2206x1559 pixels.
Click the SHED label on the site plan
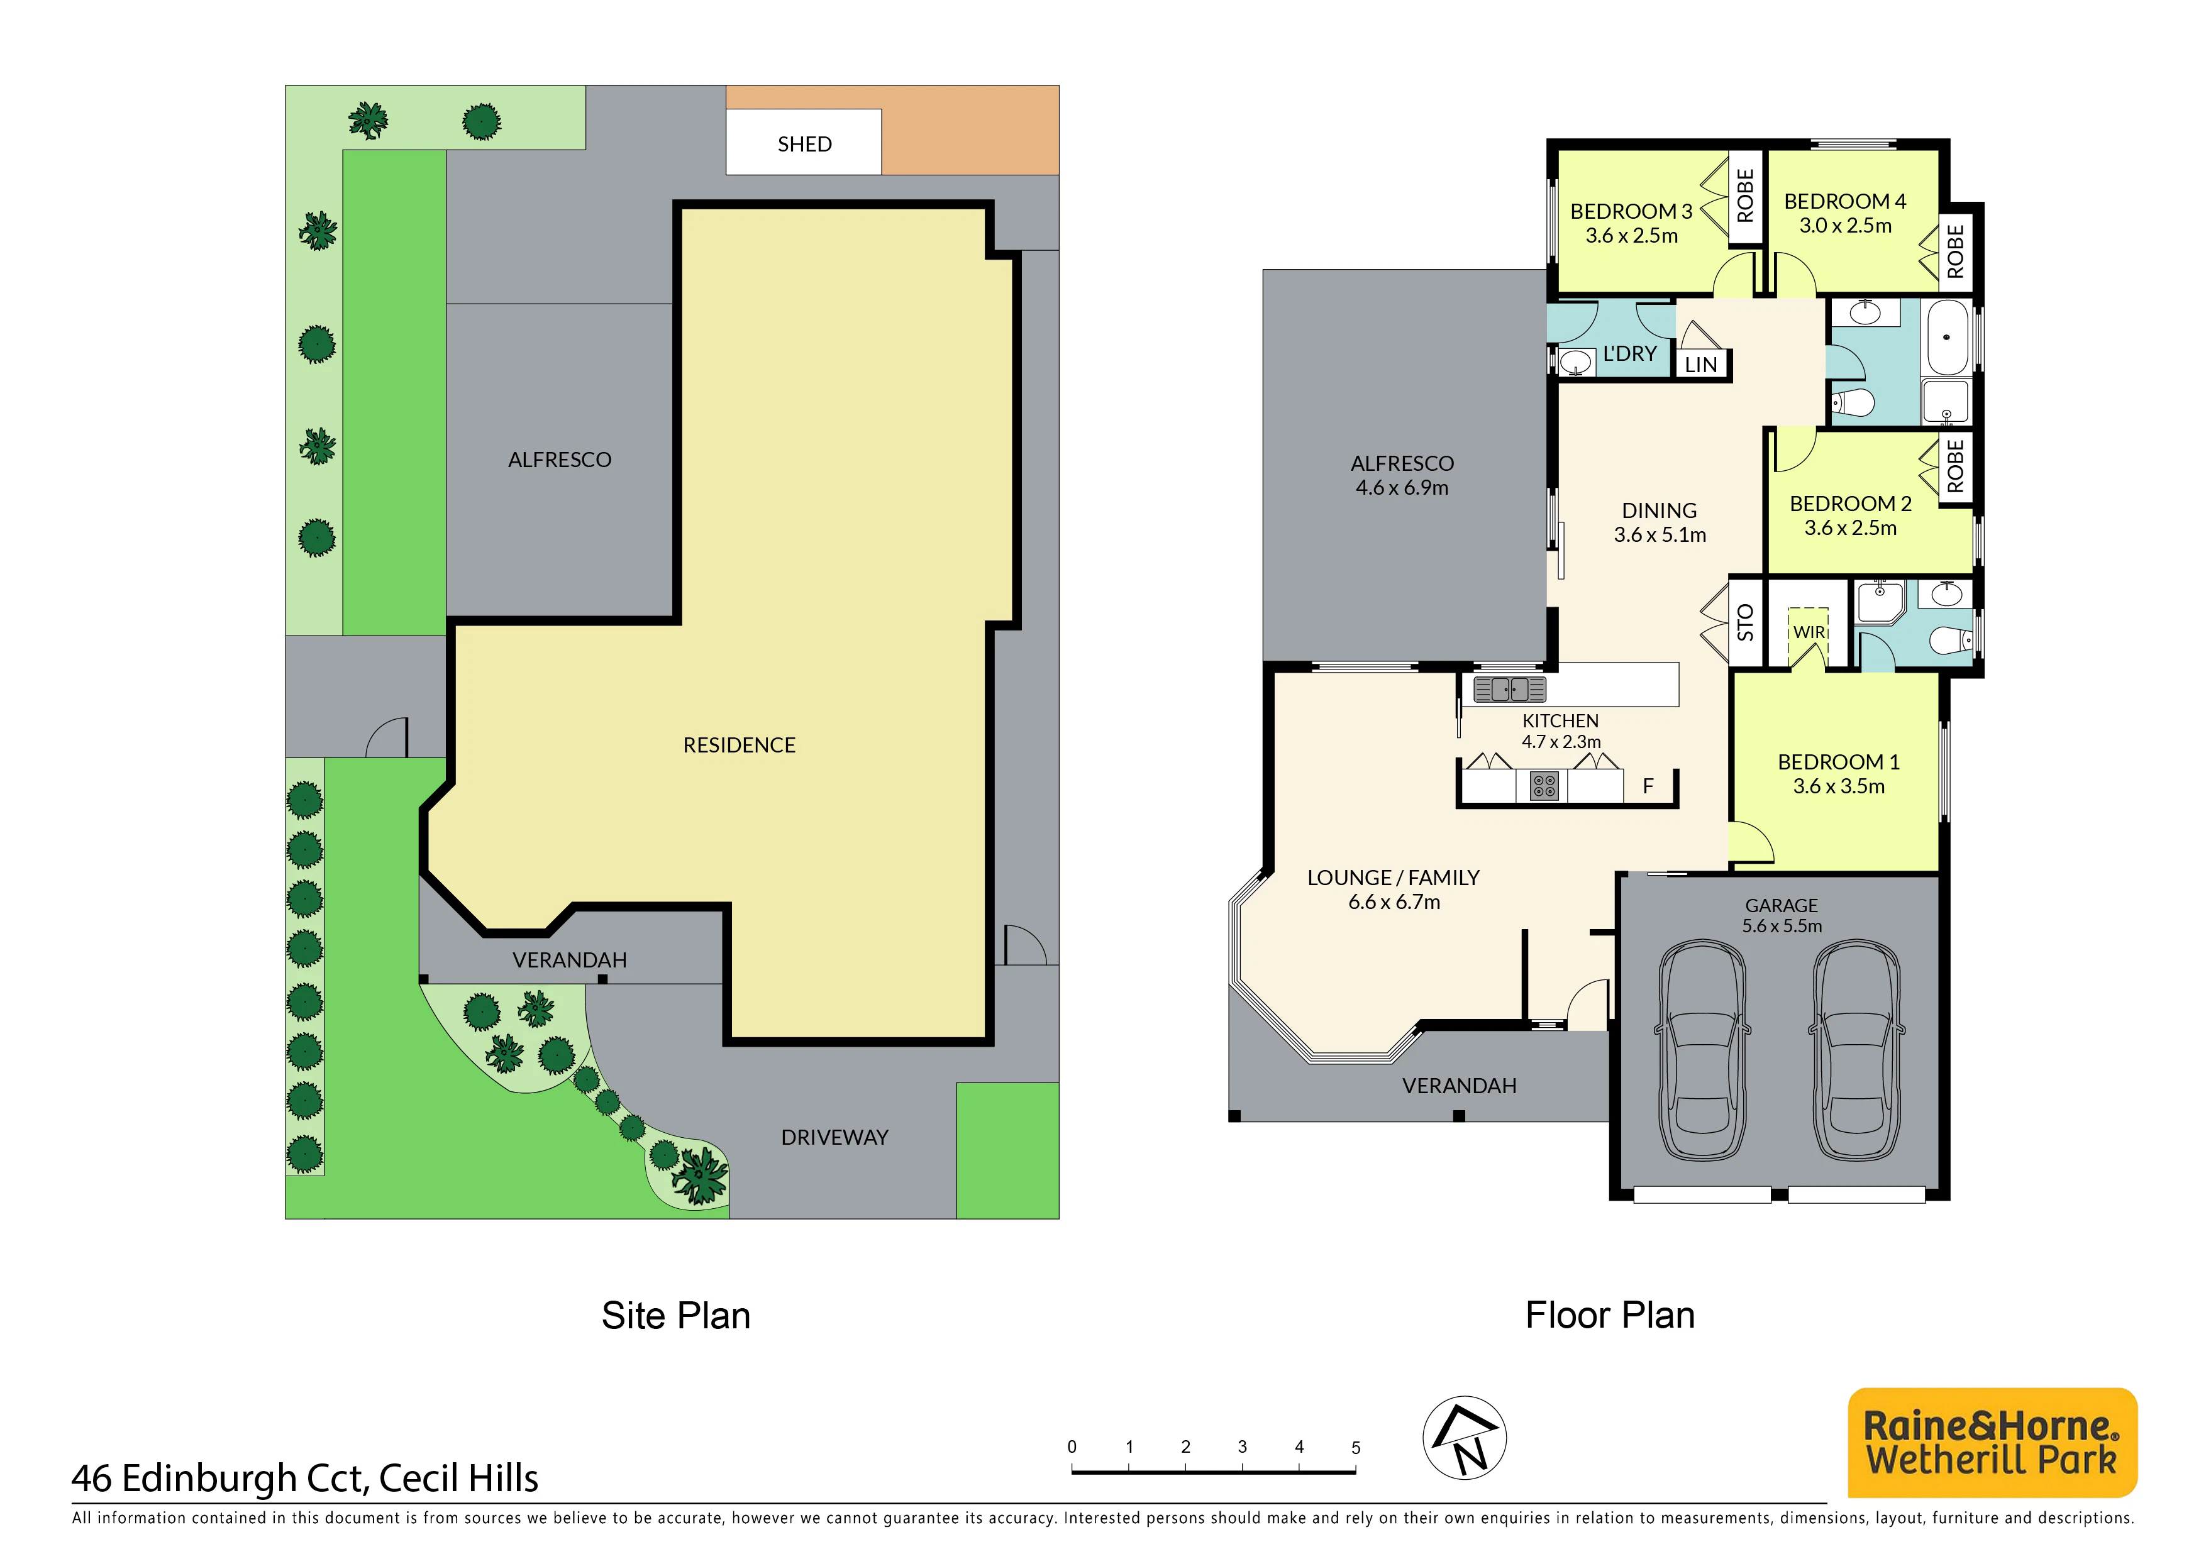[804, 144]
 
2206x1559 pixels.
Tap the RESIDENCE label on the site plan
[739, 746]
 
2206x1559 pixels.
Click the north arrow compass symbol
[1464, 1438]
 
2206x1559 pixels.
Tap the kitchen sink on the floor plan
[1509, 689]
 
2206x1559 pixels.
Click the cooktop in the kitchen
[1544, 786]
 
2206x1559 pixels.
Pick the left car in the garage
[1702, 1050]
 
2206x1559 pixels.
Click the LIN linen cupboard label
[1700, 365]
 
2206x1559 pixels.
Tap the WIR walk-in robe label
[1809, 632]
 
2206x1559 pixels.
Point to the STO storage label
[1746, 622]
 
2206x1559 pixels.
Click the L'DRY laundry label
[1629, 353]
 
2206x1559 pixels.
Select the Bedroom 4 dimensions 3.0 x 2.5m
[1845, 226]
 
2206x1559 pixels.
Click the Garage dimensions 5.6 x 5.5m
[1782, 926]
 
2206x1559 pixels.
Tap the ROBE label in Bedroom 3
[1746, 196]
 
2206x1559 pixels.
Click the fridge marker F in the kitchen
[1648, 786]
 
